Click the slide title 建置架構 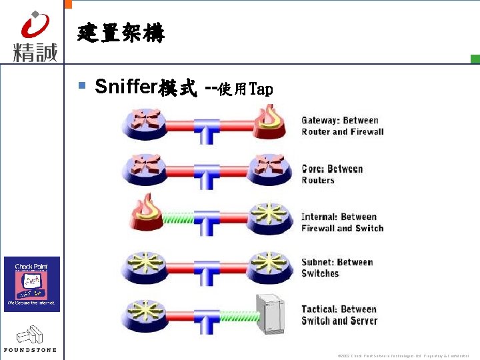point(121,32)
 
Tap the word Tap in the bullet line point(261,89)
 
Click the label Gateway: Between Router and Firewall point(343,126)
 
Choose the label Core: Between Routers point(332,174)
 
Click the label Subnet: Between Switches point(337,267)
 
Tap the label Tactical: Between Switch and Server point(339,315)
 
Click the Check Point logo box point(32,284)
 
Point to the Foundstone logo point(30,339)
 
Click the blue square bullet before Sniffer point(82,85)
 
